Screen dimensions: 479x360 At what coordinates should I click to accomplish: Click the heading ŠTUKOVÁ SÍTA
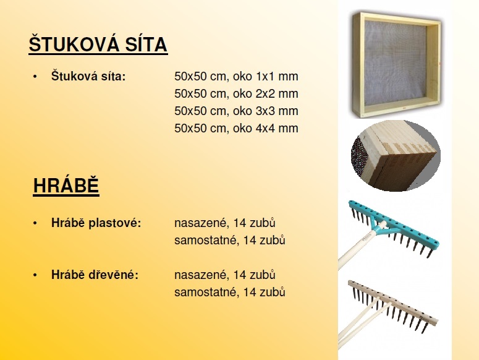(98, 45)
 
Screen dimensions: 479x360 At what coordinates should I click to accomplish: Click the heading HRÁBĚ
(66, 186)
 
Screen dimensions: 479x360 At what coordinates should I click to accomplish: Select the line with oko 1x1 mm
(236, 77)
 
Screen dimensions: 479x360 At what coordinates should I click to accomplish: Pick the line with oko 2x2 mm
(236, 93)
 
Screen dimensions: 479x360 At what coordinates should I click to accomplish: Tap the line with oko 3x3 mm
(236, 111)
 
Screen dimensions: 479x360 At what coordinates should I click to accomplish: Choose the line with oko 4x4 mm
(236, 128)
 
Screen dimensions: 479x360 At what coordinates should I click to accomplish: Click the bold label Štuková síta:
(88, 76)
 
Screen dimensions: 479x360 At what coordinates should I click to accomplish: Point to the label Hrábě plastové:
(96, 223)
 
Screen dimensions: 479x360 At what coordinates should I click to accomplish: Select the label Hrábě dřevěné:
(95, 275)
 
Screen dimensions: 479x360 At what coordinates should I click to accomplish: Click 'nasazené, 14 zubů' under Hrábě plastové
(225, 223)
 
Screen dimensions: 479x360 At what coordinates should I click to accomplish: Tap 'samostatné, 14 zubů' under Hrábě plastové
(230, 240)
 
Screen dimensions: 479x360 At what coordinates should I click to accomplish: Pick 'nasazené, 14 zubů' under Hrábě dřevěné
(225, 275)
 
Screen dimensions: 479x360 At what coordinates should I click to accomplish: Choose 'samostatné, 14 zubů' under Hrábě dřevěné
(230, 292)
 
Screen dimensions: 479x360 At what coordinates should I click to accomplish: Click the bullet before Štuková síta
(35, 77)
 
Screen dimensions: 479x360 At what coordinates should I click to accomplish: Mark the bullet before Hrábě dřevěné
(35, 275)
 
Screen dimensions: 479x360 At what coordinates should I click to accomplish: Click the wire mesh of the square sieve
(395, 62)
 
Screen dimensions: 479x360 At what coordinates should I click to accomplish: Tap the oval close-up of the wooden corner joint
(396, 156)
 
